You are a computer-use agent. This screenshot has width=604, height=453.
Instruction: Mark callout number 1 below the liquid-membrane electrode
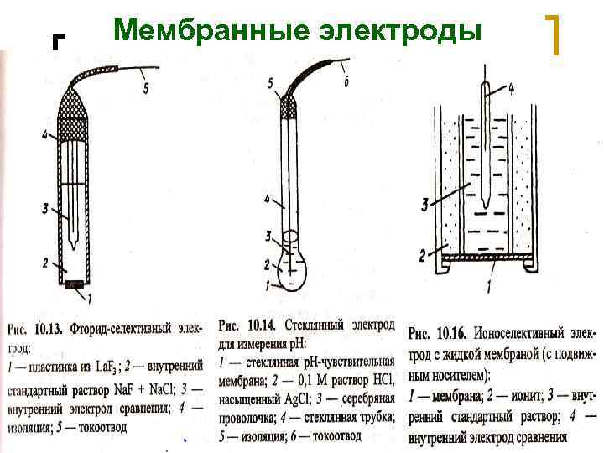click(489, 287)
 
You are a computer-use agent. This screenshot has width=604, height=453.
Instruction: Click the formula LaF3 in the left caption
click(108, 367)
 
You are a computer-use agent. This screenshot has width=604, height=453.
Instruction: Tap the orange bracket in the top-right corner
click(555, 34)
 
